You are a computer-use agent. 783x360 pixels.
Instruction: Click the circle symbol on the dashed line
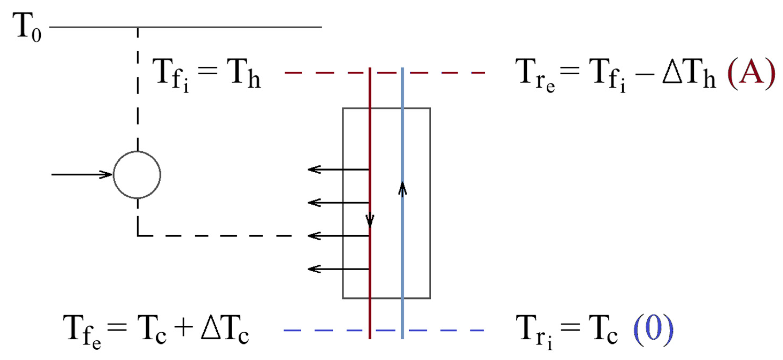[137, 175]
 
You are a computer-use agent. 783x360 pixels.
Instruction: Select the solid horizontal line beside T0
[186, 27]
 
